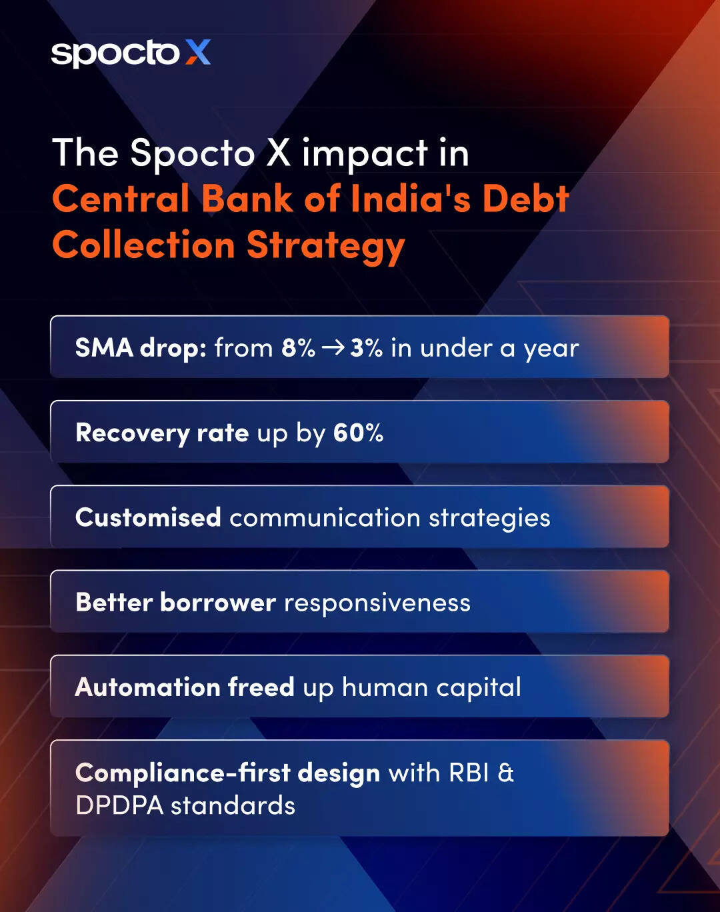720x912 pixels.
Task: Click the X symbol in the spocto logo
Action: click(x=198, y=52)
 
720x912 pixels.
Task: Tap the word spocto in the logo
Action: click(x=115, y=54)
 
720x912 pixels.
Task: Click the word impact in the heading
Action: click(x=365, y=154)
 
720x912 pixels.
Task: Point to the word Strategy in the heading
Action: click(x=326, y=247)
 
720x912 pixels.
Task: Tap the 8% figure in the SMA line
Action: click(x=299, y=348)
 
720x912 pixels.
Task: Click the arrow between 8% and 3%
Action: click(x=333, y=349)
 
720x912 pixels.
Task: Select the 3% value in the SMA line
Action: click(x=366, y=348)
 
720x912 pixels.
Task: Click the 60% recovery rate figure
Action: click(x=358, y=433)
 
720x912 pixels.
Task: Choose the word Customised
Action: click(x=148, y=517)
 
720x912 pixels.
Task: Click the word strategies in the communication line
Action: click(x=489, y=519)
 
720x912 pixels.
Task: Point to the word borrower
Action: click(x=218, y=602)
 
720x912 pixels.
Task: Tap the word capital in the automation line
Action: click(x=479, y=688)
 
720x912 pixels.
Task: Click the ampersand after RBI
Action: click(x=505, y=772)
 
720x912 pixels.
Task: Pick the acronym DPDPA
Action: click(x=120, y=805)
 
